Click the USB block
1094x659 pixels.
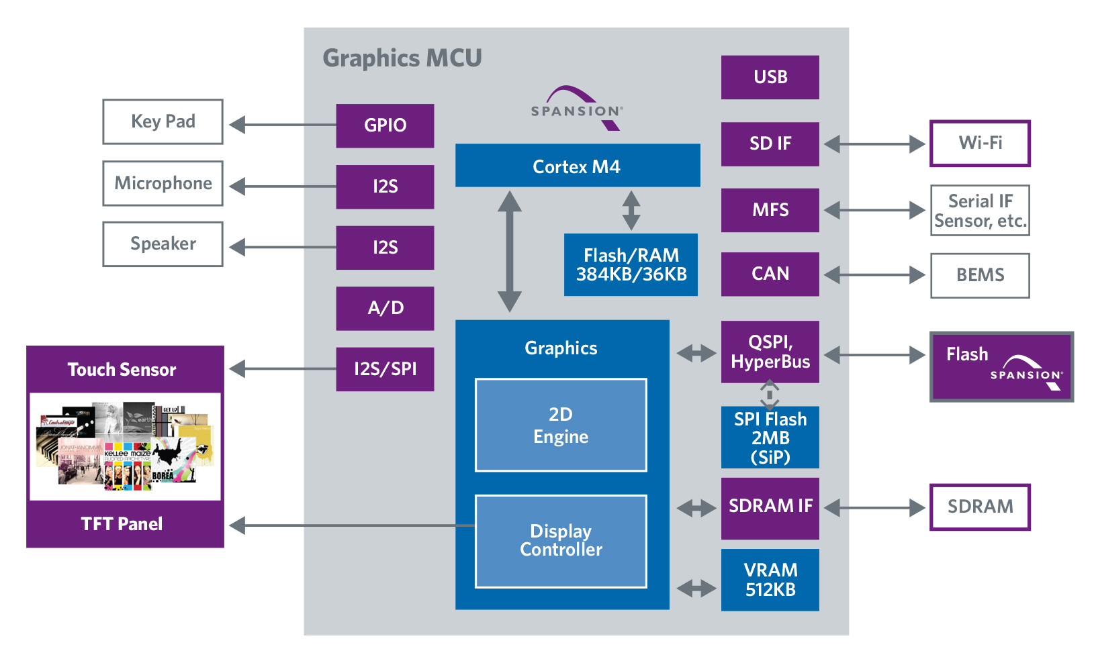click(x=770, y=77)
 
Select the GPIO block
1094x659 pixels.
click(x=385, y=125)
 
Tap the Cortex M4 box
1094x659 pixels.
click(x=577, y=166)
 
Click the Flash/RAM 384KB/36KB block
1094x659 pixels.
click(x=631, y=264)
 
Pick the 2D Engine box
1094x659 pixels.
click(x=561, y=425)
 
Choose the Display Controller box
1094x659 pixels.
click(x=561, y=541)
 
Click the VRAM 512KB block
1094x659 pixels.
click(x=770, y=580)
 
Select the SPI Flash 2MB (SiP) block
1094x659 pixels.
click(x=770, y=438)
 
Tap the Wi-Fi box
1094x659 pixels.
click(x=980, y=143)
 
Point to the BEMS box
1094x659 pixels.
click(x=980, y=275)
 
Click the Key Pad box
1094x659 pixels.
click(x=163, y=121)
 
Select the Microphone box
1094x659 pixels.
click(x=163, y=183)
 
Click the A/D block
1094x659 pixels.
click(x=385, y=308)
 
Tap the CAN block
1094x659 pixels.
click(x=770, y=274)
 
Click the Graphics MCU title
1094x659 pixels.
click(x=402, y=58)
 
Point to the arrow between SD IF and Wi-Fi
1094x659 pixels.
click(x=874, y=144)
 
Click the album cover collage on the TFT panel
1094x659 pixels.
click(x=126, y=446)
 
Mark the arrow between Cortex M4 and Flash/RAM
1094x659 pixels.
click(x=631, y=210)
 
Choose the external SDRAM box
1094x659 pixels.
click(x=980, y=507)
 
